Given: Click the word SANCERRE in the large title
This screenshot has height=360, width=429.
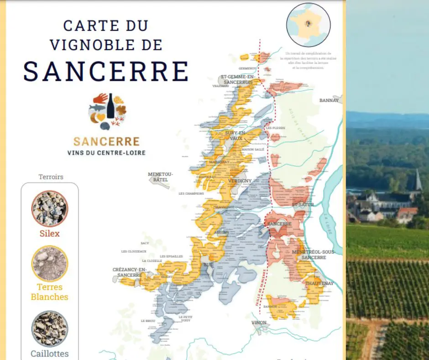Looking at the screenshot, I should tap(106, 71).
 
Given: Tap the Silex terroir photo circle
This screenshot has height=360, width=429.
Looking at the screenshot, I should tap(50, 209).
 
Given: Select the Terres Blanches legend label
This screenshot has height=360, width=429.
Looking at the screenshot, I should tap(50, 292).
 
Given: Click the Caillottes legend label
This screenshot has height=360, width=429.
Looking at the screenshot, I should tap(50, 353).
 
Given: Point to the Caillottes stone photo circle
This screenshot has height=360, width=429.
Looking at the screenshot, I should tap(50, 328).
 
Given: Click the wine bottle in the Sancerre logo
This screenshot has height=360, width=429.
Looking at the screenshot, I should tap(110, 106).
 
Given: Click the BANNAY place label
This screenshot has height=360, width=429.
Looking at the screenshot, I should tap(329, 101).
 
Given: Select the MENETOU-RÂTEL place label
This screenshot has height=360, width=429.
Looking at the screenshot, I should tap(161, 177).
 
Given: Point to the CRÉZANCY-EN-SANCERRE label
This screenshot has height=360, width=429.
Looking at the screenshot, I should tap(130, 272).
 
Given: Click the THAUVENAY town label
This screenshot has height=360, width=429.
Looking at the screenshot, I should tap(319, 283).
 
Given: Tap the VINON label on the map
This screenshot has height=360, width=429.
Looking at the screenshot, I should tap(259, 323).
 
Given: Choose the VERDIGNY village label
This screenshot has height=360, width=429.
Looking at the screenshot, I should tap(240, 181).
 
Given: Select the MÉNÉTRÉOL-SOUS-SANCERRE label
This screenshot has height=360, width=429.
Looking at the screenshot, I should tap(314, 254).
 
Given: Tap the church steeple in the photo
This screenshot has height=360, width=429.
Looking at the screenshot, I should tap(418, 180).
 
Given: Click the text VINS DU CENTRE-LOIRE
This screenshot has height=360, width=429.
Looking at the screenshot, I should tap(106, 153).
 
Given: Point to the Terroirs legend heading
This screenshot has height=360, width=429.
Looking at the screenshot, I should tap(51, 177).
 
